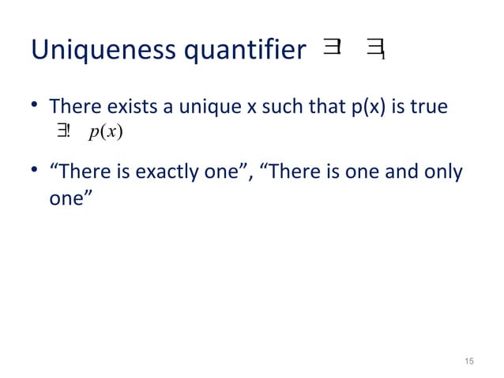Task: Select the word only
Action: (444, 171)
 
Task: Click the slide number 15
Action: (469, 361)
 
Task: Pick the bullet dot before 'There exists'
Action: (36, 105)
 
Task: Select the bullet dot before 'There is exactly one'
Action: (36, 172)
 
